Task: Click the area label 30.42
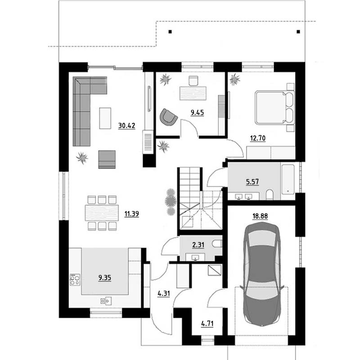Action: tap(126, 126)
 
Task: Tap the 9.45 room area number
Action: tap(197, 112)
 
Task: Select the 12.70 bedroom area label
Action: tap(257, 138)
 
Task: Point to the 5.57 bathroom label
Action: tap(252, 182)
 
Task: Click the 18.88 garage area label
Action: tap(260, 216)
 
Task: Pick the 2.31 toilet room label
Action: tap(198, 245)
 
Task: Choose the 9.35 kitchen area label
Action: tap(105, 278)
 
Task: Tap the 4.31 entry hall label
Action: tap(164, 294)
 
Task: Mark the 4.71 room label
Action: tap(207, 324)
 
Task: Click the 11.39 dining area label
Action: tap(131, 214)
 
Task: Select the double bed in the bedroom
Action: tap(275, 108)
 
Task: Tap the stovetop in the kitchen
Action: tap(75, 279)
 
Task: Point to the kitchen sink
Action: tap(106, 301)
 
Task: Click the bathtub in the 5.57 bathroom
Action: tap(288, 179)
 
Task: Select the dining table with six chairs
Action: tap(102, 213)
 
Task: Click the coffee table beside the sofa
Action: tap(105, 118)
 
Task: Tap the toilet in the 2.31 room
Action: tap(217, 244)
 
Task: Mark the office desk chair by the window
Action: tap(193, 81)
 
